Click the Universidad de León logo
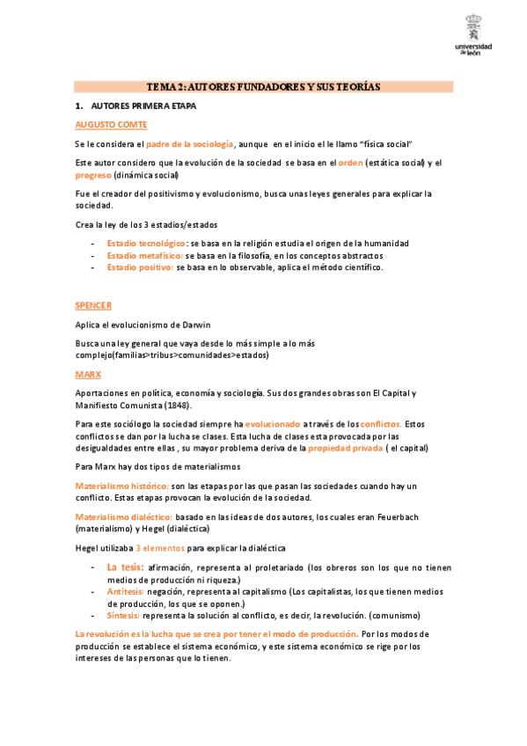point(474,35)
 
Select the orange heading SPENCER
point(93,305)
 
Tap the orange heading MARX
point(87,374)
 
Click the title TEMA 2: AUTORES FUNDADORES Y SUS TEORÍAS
point(263,87)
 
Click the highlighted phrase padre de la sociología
point(190,143)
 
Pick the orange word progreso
point(93,175)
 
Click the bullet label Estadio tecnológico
point(146,243)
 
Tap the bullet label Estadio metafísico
point(144,255)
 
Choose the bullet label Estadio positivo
point(140,267)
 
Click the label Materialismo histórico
point(121,486)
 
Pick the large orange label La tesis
point(125,567)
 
